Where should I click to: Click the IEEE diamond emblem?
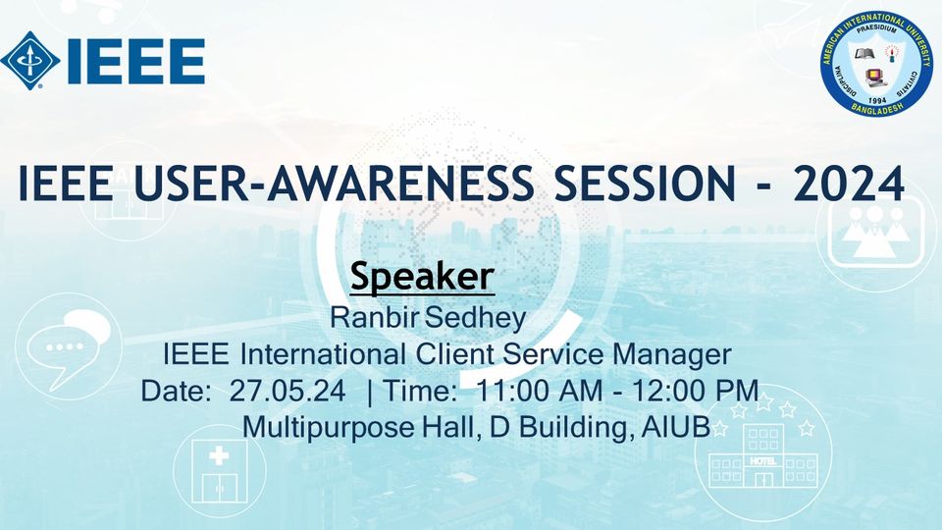[30, 61]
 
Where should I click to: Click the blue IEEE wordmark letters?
[136, 61]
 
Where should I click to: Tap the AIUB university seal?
[876, 64]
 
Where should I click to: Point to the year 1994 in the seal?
[877, 100]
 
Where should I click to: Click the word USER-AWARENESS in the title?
[334, 183]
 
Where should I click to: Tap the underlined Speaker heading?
[422, 277]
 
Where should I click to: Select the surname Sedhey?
[475, 318]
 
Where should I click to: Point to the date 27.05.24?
[288, 392]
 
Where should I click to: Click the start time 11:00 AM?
[539, 392]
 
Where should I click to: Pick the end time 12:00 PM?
[695, 392]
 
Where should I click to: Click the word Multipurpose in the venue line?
[328, 428]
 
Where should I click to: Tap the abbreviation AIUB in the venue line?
[676, 427]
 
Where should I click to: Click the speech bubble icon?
[69, 346]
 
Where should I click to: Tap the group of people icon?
[874, 232]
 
